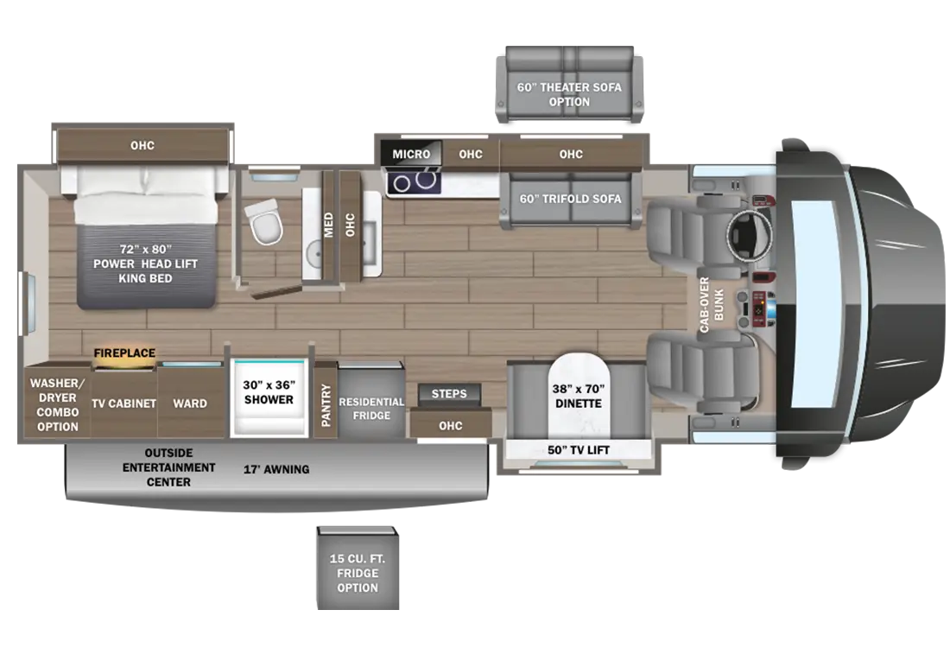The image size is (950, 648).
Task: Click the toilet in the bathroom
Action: point(263,221)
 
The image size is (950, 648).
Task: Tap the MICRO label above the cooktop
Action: point(411,155)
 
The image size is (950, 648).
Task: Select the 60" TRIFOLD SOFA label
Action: point(570,199)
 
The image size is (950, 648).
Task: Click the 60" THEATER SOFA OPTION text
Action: point(569,94)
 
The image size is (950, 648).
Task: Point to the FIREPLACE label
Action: point(124,353)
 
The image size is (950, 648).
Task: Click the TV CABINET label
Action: point(124,403)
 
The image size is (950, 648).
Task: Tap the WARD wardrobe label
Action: point(189,403)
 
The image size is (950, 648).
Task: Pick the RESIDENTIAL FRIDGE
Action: point(371,409)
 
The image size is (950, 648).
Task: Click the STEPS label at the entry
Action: point(449,394)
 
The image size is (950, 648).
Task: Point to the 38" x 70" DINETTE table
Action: point(578,396)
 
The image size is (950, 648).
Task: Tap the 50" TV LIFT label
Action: point(578,449)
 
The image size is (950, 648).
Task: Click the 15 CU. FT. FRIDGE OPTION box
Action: point(358,573)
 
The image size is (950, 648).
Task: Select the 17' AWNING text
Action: point(275,469)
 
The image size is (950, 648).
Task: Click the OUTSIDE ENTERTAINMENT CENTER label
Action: point(168,467)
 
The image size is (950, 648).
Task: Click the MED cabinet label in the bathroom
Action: point(329,225)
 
